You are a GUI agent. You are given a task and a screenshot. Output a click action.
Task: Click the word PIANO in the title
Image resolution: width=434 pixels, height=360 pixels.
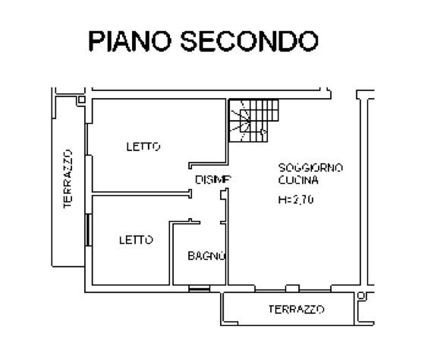coord(130,41)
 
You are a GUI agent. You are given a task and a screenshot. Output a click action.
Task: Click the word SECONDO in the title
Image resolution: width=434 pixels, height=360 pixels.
coord(250,41)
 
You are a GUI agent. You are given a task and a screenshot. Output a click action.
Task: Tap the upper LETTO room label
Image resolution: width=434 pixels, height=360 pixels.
coord(143,147)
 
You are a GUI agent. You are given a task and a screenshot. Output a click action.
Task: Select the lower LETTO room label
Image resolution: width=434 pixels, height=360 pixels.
coord(136,240)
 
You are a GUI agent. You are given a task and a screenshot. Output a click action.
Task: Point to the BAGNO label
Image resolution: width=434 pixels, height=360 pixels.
coord(207,256)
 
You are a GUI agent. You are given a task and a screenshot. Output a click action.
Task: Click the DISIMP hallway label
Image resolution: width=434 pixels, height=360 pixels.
coord(213,180)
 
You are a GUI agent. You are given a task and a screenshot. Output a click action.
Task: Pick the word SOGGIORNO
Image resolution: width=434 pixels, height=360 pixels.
coord(310,168)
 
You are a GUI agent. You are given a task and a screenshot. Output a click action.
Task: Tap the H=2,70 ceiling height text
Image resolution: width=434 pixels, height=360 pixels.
coord(296,200)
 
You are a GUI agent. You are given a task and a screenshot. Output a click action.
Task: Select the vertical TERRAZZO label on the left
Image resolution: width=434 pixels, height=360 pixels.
coord(68,179)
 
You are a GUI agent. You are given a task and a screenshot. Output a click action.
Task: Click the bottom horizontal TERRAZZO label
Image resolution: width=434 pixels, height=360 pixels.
coord(297,309)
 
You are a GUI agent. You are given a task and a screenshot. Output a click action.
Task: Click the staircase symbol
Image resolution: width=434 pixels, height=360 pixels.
coord(254,121)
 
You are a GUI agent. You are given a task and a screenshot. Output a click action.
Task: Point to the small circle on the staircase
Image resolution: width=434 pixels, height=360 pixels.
coord(264,131)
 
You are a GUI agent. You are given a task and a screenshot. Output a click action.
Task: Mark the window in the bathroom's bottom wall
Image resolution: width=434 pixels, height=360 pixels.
coord(200,289)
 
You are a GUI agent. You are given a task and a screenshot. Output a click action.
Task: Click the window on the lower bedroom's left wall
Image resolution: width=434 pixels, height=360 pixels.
coord(89,229)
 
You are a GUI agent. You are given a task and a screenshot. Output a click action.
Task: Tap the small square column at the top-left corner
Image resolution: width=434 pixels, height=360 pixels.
coord(82,99)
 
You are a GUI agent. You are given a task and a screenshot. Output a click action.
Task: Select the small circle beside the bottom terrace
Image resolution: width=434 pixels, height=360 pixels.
coord(360,295)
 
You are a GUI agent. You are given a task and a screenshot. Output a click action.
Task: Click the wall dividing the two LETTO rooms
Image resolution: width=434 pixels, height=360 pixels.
coord(142,194)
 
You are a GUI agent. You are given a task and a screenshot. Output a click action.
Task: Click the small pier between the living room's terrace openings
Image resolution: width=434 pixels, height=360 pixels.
coord(292,288)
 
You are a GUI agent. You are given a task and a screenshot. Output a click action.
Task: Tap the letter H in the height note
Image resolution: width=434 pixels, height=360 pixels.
coord(281,200)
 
